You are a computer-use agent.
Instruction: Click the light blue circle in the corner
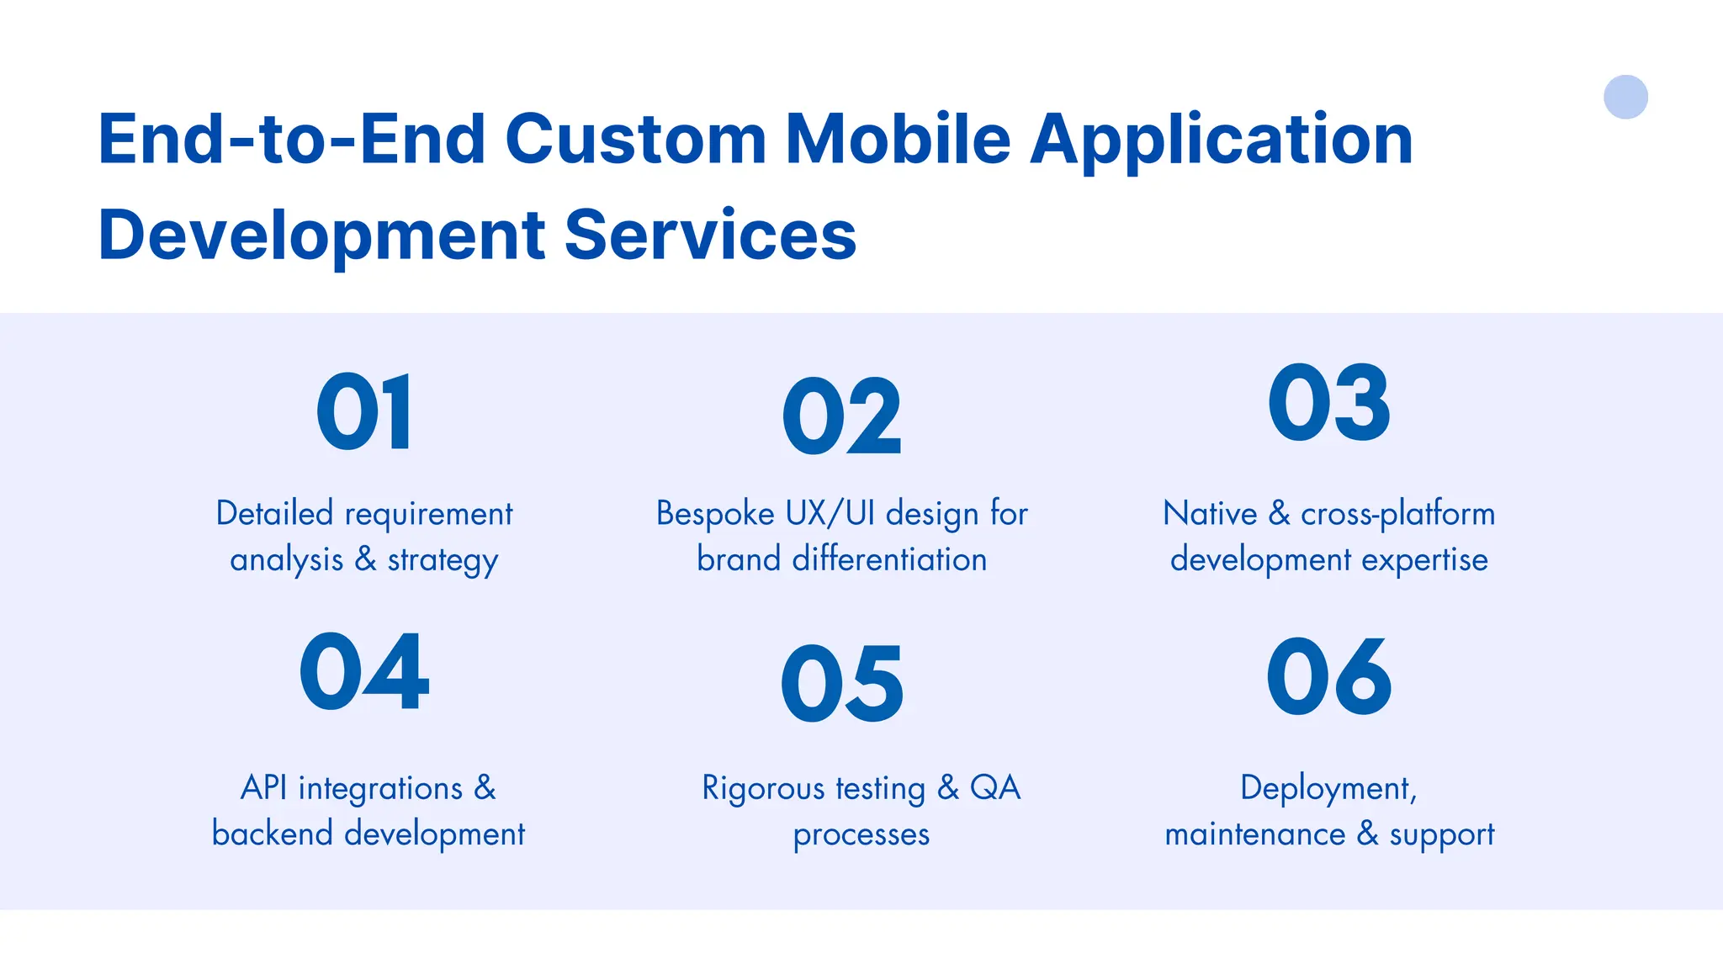tap(1625, 97)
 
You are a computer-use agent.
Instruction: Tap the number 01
tap(365, 412)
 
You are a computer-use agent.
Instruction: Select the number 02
tap(841, 417)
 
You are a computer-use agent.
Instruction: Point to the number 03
tap(1329, 403)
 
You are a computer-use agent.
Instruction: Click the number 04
tap(364, 672)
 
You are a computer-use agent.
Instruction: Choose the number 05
tap(842, 684)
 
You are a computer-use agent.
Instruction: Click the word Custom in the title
tap(635, 139)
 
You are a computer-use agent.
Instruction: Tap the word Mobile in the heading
tap(898, 139)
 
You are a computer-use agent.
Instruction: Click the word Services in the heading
tap(710, 235)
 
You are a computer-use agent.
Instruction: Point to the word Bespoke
tap(714, 514)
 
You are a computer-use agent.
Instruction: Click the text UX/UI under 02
tap(830, 514)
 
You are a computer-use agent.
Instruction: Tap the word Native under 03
tap(1210, 513)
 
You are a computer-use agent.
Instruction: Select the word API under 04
tap(263, 788)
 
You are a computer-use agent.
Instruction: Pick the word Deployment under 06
tap(1328, 789)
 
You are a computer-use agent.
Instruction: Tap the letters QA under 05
tap(994, 788)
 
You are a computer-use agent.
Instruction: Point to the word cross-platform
tap(1397, 514)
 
